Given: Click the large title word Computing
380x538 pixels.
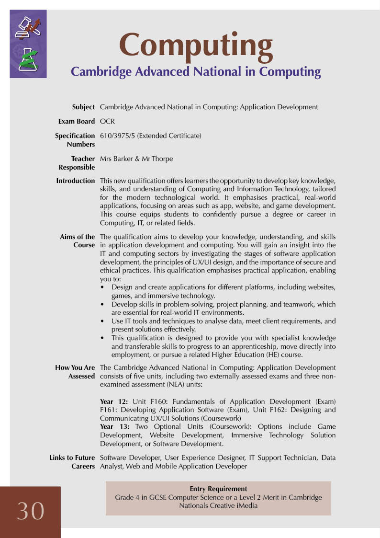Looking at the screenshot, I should click(x=196, y=45).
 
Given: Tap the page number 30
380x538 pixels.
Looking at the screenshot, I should click(x=31, y=511).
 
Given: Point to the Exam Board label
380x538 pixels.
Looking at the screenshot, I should click(x=76, y=122).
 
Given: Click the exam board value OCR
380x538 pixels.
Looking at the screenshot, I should click(x=107, y=122).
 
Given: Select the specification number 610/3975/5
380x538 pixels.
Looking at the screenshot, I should click(x=117, y=136).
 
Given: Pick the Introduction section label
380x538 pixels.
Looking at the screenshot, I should click(x=76, y=181).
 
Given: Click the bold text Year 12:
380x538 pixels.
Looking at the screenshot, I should click(x=113, y=401).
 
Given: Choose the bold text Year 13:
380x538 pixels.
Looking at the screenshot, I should click(x=113, y=426).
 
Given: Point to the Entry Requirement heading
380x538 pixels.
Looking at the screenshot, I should click(x=218, y=489).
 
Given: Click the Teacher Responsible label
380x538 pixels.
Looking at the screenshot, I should click(x=77, y=163).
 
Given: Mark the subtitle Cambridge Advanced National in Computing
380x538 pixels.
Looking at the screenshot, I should click(x=195, y=72).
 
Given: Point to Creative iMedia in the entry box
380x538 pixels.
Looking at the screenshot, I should click(x=235, y=505).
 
